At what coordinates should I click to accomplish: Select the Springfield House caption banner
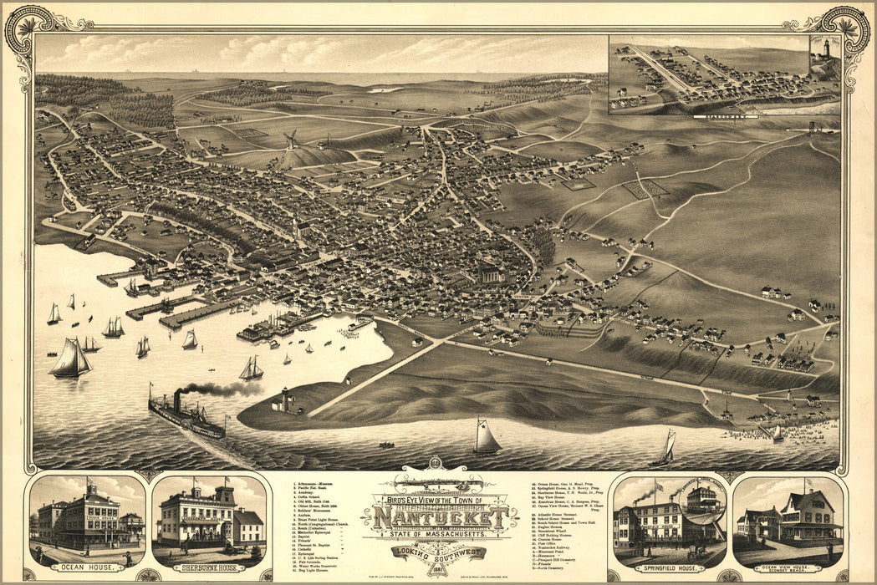(x=668, y=567)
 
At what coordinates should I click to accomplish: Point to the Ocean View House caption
(x=789, y=569)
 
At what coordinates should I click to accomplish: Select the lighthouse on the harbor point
(x=285, y=399)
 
